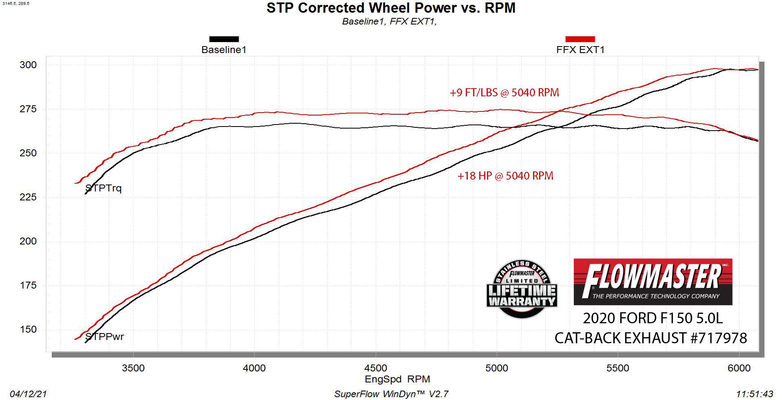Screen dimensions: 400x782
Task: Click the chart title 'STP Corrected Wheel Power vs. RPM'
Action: pos(391,8)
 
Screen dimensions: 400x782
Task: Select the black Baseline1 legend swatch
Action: pos(224,39)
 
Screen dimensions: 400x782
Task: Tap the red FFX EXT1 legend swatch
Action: pos(580,39)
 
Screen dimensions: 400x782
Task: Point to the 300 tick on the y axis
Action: pos(28,65)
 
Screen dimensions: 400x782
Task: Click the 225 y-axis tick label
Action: pos(28,197)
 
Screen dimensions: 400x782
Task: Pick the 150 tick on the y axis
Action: pos(28,329)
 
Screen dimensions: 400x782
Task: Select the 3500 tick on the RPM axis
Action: pos(133,368)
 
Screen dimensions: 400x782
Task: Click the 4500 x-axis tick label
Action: pos(376,368)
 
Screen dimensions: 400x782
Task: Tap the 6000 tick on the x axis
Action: pos(739,368)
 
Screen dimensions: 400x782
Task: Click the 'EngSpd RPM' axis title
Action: pos(397,379)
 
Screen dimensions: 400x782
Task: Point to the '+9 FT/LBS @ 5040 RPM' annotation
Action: pos(504,93)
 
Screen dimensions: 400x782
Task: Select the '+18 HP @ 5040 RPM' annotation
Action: pos(505,176)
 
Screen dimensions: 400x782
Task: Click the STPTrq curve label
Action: pos(104,189)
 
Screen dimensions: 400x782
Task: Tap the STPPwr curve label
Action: pos(104,337)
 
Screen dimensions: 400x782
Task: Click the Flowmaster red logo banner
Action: pos(653,282)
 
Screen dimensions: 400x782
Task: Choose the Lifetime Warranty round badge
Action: pos(522,289)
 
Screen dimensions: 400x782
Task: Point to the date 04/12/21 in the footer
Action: pos(28,394)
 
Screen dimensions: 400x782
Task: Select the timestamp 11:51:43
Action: pos(755,394)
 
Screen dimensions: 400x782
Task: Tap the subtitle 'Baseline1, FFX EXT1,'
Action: pos(389,22)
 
